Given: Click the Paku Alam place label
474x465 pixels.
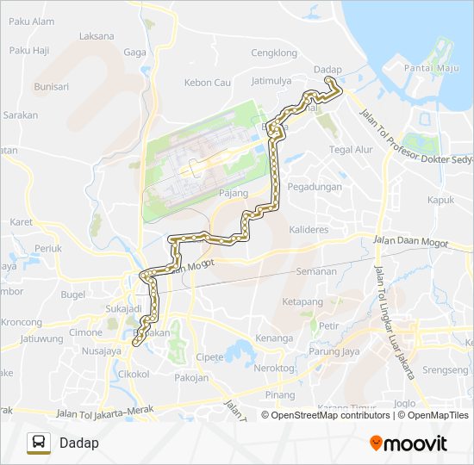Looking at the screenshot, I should (x=32, y=22).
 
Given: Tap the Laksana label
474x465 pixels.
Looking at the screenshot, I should (x=96, y=36).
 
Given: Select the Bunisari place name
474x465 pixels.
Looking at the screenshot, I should (x=51, y=86).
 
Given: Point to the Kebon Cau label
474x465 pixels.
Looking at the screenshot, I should (x=208, y=83).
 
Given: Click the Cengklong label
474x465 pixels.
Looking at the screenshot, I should (x=273, y=53).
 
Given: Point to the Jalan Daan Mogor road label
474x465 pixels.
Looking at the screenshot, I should (x=411, y=242).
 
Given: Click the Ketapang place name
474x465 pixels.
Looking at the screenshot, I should (x=302, y=302).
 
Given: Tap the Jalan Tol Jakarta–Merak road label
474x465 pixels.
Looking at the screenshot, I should (x=104, y=412).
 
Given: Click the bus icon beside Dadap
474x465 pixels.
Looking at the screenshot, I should (x=39, y=443).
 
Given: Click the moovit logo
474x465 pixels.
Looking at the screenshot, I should (x=408, y=443).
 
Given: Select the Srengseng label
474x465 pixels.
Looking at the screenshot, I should (x=445, y=369).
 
